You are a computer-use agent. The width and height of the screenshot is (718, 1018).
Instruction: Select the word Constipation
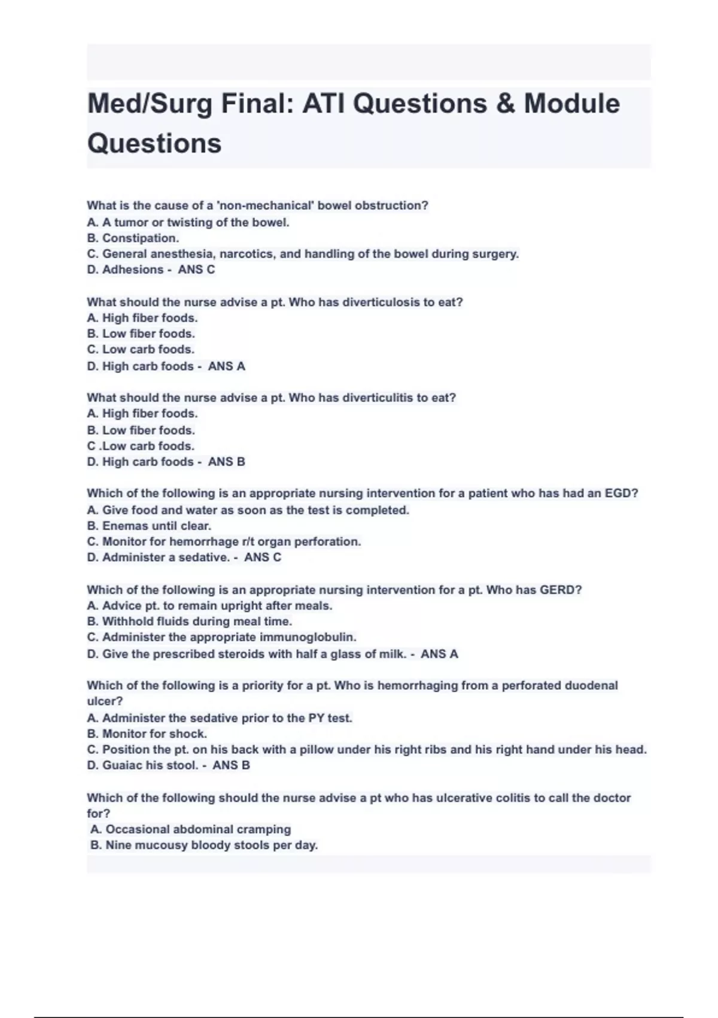pos(141,238)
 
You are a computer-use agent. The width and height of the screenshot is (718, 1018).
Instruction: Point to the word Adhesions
pos(133,269)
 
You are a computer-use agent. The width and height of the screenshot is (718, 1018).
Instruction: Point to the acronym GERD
pos(561,590)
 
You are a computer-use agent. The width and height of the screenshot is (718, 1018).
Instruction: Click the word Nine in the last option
pos(118,846)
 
